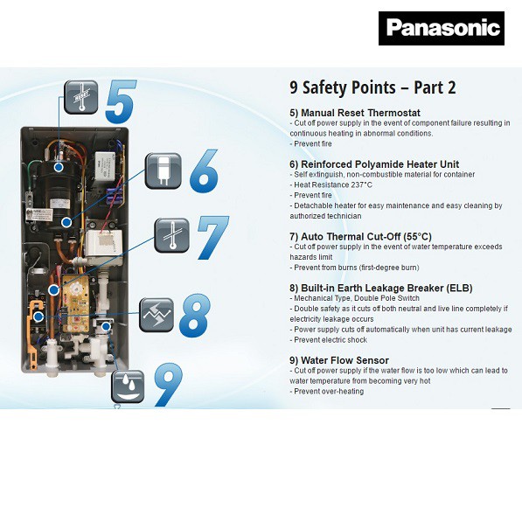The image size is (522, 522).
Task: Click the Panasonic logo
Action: (x=442, y=28)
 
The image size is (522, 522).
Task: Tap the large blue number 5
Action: (x=121, y=101)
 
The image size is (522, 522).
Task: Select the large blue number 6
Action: (x=204, y=171)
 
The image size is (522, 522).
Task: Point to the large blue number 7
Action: (x=213, y=238)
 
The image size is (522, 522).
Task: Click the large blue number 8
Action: (x=195, y=315)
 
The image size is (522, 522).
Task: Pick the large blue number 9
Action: (x=168, y=385)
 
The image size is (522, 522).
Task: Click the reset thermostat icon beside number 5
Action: (x=81, y=97)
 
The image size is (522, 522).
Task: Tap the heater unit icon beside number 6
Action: (x=164, y=171)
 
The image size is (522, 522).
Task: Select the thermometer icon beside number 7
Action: (x=171, y=235)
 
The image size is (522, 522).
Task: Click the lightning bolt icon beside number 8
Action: (x=157, y=315)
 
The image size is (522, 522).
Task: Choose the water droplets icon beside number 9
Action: (x=128, y=386)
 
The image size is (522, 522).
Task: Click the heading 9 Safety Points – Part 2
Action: (x=372, y=88)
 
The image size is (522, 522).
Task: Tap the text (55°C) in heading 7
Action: (x=417, y=237)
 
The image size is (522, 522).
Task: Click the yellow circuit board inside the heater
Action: (x=75, y=303)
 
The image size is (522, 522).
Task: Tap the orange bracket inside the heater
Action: (x=33, y=328)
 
